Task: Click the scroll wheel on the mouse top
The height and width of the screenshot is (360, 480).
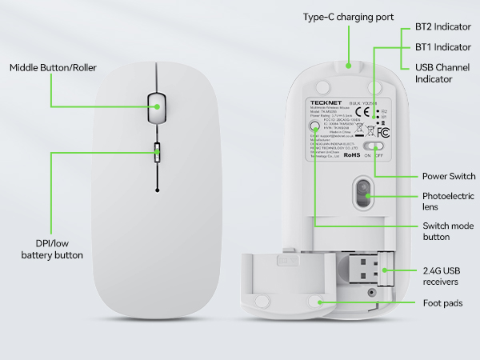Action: coord(156,106)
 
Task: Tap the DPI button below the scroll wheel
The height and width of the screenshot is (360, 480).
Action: coord(157,150)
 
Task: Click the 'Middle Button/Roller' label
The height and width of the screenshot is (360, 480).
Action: coord(53,68)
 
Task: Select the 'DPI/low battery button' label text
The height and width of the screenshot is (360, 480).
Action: coord(52,248)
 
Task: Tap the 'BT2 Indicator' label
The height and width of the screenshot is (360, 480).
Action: coord(442,26)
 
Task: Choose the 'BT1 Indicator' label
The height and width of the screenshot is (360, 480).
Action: coord(442,47)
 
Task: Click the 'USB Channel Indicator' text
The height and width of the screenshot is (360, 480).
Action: coord(444,74)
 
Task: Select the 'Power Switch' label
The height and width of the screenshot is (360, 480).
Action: coord(449,176)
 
